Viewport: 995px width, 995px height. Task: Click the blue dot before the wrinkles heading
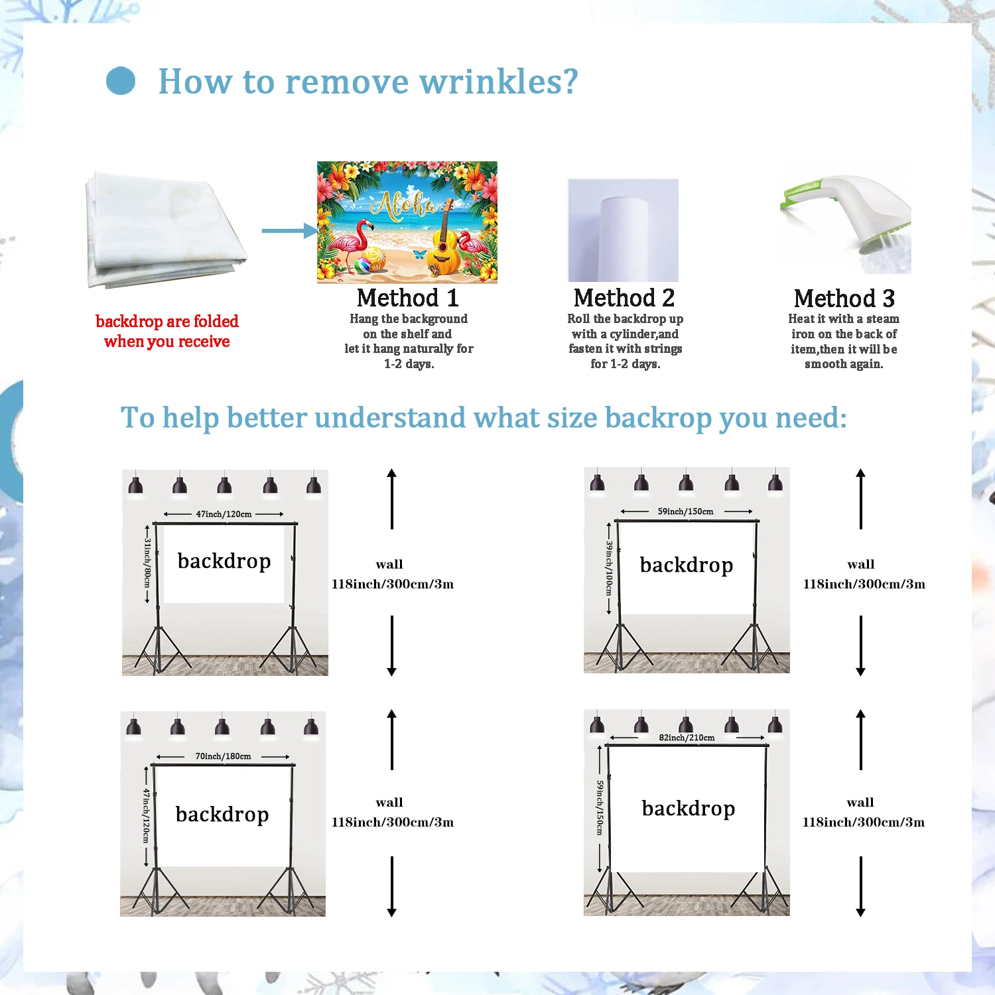click(x=121, y=81)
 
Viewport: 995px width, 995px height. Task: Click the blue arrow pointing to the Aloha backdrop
click(x=289, y=231)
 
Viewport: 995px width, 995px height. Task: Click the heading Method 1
click(x=407, y=298)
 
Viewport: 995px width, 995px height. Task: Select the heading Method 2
click(x=624, y=298)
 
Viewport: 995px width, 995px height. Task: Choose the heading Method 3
click(x=844, y=298)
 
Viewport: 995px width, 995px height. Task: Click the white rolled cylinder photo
click(x=623, y=230)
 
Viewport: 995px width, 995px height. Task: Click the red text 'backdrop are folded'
click(x=167, y=322)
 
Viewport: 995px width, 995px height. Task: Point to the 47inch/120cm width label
click(x=224, y=514)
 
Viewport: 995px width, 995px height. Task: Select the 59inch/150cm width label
click(x=685, y=511)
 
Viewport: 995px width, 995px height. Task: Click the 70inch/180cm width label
click(x=223, y=756)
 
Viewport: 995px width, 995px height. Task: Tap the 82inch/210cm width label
click(x=687, y=738)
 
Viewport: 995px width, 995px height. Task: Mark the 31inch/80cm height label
click(x=147, y=563)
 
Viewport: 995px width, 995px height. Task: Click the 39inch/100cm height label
click(x=609, y=568)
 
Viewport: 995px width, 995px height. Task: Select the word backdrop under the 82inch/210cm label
click(x=688, y=809)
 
